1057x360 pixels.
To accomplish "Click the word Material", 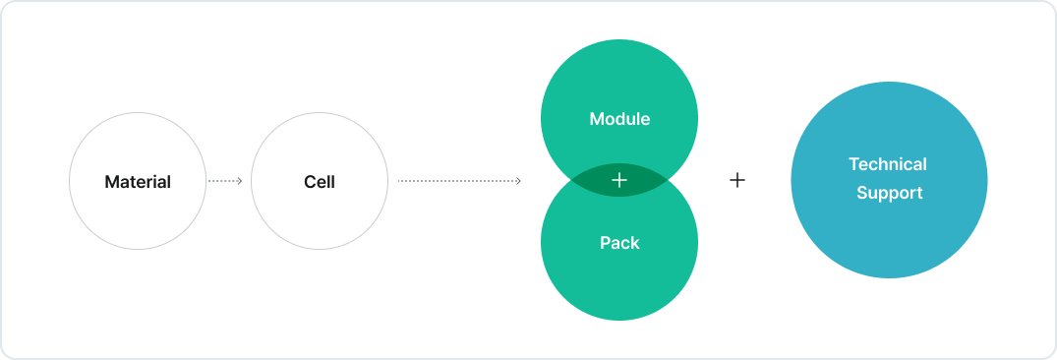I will click(138, 182).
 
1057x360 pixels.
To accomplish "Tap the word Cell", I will click(320, 182).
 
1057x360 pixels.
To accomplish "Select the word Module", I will click(619, 119).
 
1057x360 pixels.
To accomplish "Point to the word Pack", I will click(619, 243).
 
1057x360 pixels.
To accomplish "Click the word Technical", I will click(889, 164).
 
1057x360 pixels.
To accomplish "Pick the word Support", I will click(889, 193).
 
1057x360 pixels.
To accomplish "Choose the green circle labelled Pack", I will click(619, 280).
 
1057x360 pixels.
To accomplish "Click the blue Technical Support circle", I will click(889, 236).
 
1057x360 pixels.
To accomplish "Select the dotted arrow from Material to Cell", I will click(224, 181).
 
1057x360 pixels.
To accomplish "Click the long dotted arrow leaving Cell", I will click(457, 181).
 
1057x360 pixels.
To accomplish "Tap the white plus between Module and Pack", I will click(619, 181).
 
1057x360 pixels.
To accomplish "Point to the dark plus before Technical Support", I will click(737, 180).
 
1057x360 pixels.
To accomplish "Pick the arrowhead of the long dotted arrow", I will click(518, 181).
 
